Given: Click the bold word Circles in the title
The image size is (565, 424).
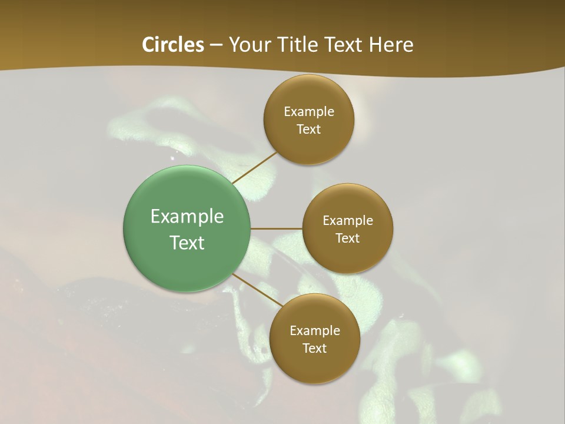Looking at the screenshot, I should [173, 45].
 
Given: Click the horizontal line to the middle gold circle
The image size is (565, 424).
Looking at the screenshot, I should [277, 228].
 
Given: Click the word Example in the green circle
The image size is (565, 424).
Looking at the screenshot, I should [187, 217].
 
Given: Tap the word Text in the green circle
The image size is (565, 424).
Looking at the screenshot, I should [187, 243].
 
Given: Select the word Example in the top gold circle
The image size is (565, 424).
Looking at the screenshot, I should [309, 112].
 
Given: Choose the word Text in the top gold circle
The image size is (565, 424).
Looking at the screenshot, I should [309, 130].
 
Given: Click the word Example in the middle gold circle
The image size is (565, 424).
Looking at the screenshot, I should [348, 221].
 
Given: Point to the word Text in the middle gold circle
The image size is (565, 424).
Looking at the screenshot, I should [348, 238].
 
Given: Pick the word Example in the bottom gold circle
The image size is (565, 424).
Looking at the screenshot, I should [315, 331].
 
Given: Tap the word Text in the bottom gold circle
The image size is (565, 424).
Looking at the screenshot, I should [315, 349].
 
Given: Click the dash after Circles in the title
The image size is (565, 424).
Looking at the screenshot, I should [216, 45].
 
